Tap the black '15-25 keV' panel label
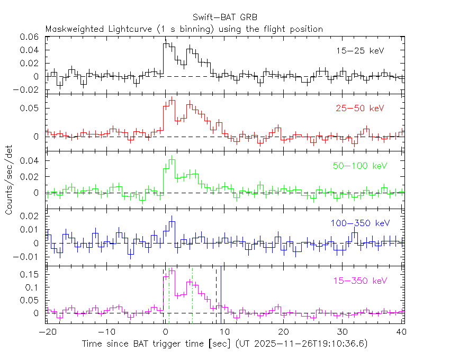coord(360,51)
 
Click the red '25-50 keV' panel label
coord(360,109)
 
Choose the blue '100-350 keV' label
coord(357,223)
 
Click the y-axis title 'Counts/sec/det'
coord(9,181)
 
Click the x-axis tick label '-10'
coord(106,332)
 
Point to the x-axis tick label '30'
coord(343,332)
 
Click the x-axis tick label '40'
coord(401,332)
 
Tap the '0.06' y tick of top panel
coord(29,37)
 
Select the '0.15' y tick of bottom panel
coord(31,275)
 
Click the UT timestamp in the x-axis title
coord(302,344)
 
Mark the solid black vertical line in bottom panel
coord(222,294)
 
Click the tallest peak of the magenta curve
coord(172,269)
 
